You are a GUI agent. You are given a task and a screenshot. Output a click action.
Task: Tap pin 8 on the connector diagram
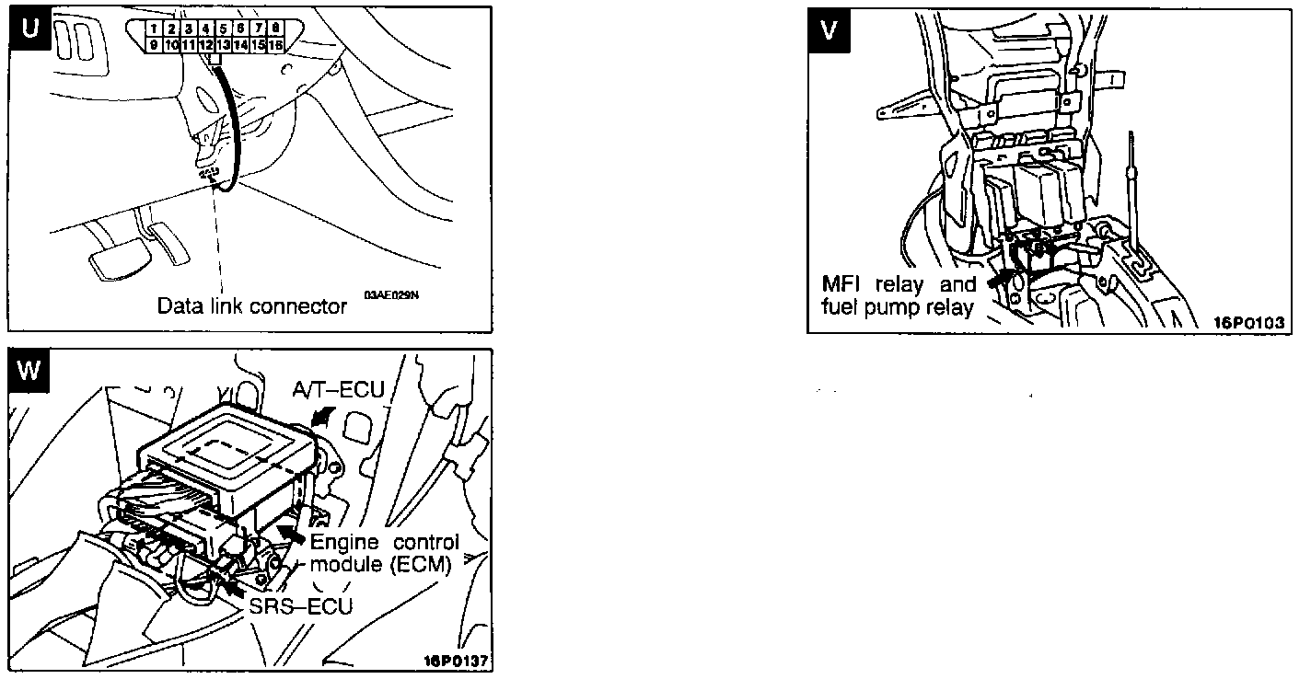[275, 29]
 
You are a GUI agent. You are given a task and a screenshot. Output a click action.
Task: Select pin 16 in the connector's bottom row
[275, 43]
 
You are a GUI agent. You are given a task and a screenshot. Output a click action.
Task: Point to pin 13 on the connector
[223, 43]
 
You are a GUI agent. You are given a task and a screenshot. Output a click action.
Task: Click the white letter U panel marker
[29, 29]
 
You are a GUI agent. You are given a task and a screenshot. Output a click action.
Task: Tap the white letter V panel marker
[829, 29]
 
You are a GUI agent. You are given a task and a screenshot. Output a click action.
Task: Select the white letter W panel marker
[29, 370]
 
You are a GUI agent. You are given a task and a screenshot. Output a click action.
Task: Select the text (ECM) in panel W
[421, 564]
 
